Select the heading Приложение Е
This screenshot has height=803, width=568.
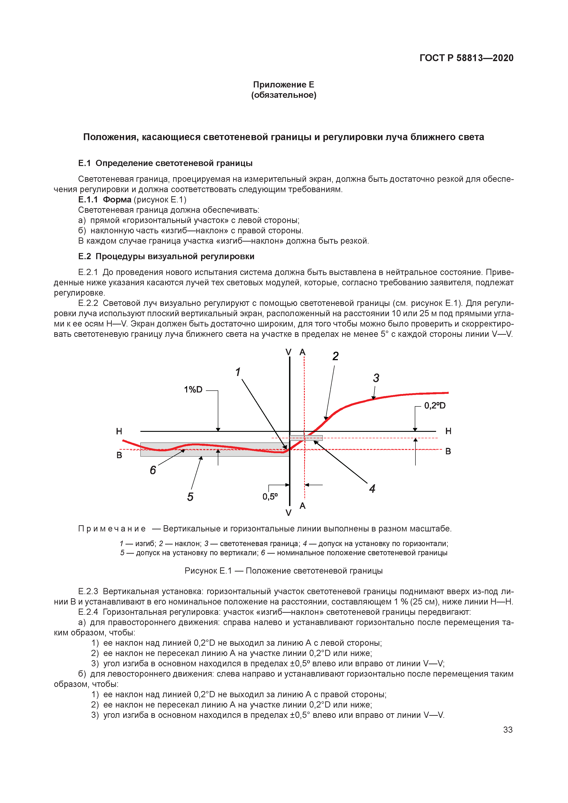283,85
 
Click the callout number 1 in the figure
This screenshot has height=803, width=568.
238,372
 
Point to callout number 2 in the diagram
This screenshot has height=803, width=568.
335,356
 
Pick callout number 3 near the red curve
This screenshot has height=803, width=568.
376,378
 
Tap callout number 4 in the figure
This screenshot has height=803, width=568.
372,489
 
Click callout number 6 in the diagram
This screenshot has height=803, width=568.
153,470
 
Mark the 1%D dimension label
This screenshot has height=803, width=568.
193,390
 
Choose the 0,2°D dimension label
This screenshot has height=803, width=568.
435,406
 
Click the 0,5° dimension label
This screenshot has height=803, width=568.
270,497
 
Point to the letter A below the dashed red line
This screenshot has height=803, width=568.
303,506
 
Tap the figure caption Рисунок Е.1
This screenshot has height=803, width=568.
283,571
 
